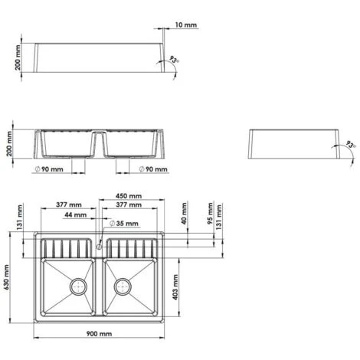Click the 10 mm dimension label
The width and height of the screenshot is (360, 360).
point(186,25)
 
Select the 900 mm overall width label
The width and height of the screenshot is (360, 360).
point(100,334)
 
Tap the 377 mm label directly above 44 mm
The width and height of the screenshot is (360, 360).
point(69,205)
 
